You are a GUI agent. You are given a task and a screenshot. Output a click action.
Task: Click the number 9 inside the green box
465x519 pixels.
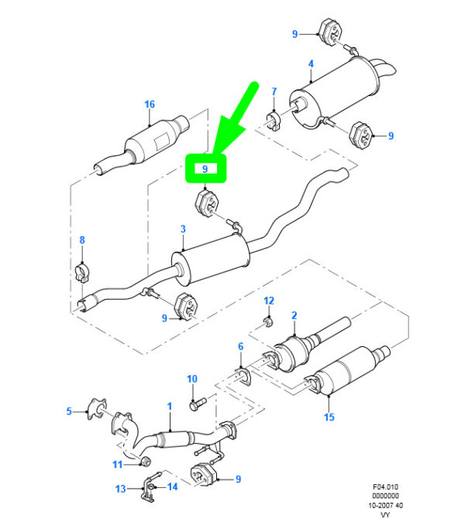[205, 168]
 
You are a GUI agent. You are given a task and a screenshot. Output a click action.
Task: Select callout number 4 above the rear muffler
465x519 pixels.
[310, 64]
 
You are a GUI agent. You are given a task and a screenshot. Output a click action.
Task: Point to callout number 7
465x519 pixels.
[274, 93]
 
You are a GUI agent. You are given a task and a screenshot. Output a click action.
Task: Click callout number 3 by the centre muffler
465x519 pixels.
[183, 229]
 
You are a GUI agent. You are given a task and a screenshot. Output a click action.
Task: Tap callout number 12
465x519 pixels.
[269, 300]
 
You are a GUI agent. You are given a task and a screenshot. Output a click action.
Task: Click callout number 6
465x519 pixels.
[241, 346]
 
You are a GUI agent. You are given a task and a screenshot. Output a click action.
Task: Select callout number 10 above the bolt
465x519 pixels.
[192, 379]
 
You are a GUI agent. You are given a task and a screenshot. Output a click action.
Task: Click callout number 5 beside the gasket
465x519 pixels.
[68, 411]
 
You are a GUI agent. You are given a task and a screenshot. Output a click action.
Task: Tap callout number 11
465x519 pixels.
[118, 464]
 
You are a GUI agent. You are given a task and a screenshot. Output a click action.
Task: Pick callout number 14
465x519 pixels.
[173, 487]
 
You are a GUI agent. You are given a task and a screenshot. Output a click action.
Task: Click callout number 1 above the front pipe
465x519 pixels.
[170, 406]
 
